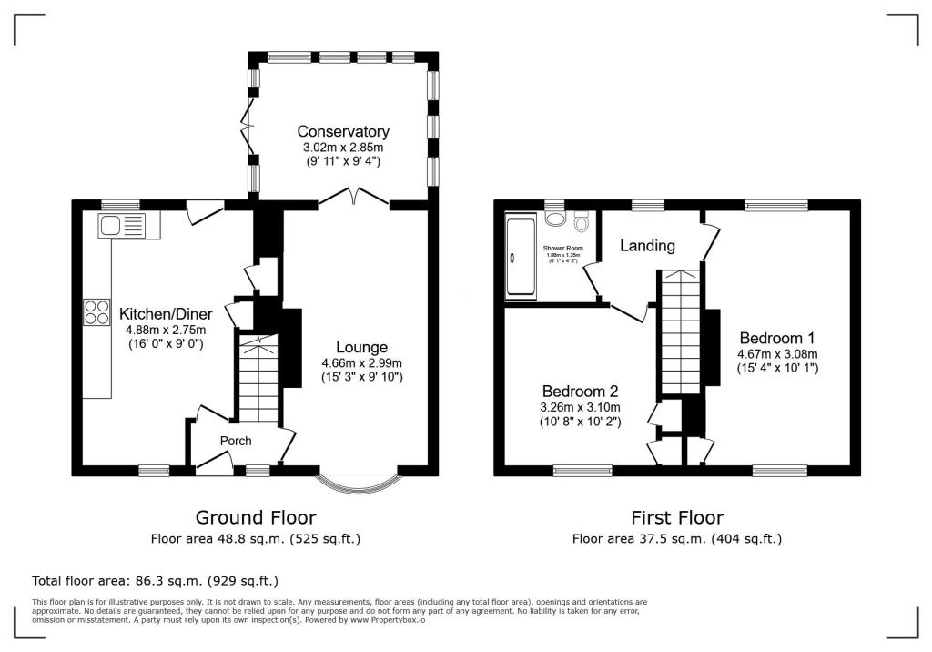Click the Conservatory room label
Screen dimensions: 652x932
click(x=343, y=132)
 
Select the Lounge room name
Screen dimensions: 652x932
click(x=361, y=347)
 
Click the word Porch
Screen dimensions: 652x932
click(x=235, y=441)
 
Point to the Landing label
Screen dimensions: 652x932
click(x=647, y=246)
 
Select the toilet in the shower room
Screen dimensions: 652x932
click(x=582, y=220)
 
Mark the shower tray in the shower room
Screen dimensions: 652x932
click(x=521, y=257)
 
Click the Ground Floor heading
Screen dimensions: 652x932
click(x=256, y=517)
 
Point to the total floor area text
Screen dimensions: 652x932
click(x=155, y=580)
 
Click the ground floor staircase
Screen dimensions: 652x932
click(x=259, y=378)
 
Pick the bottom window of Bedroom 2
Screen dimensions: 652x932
click(x=582, y=471)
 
